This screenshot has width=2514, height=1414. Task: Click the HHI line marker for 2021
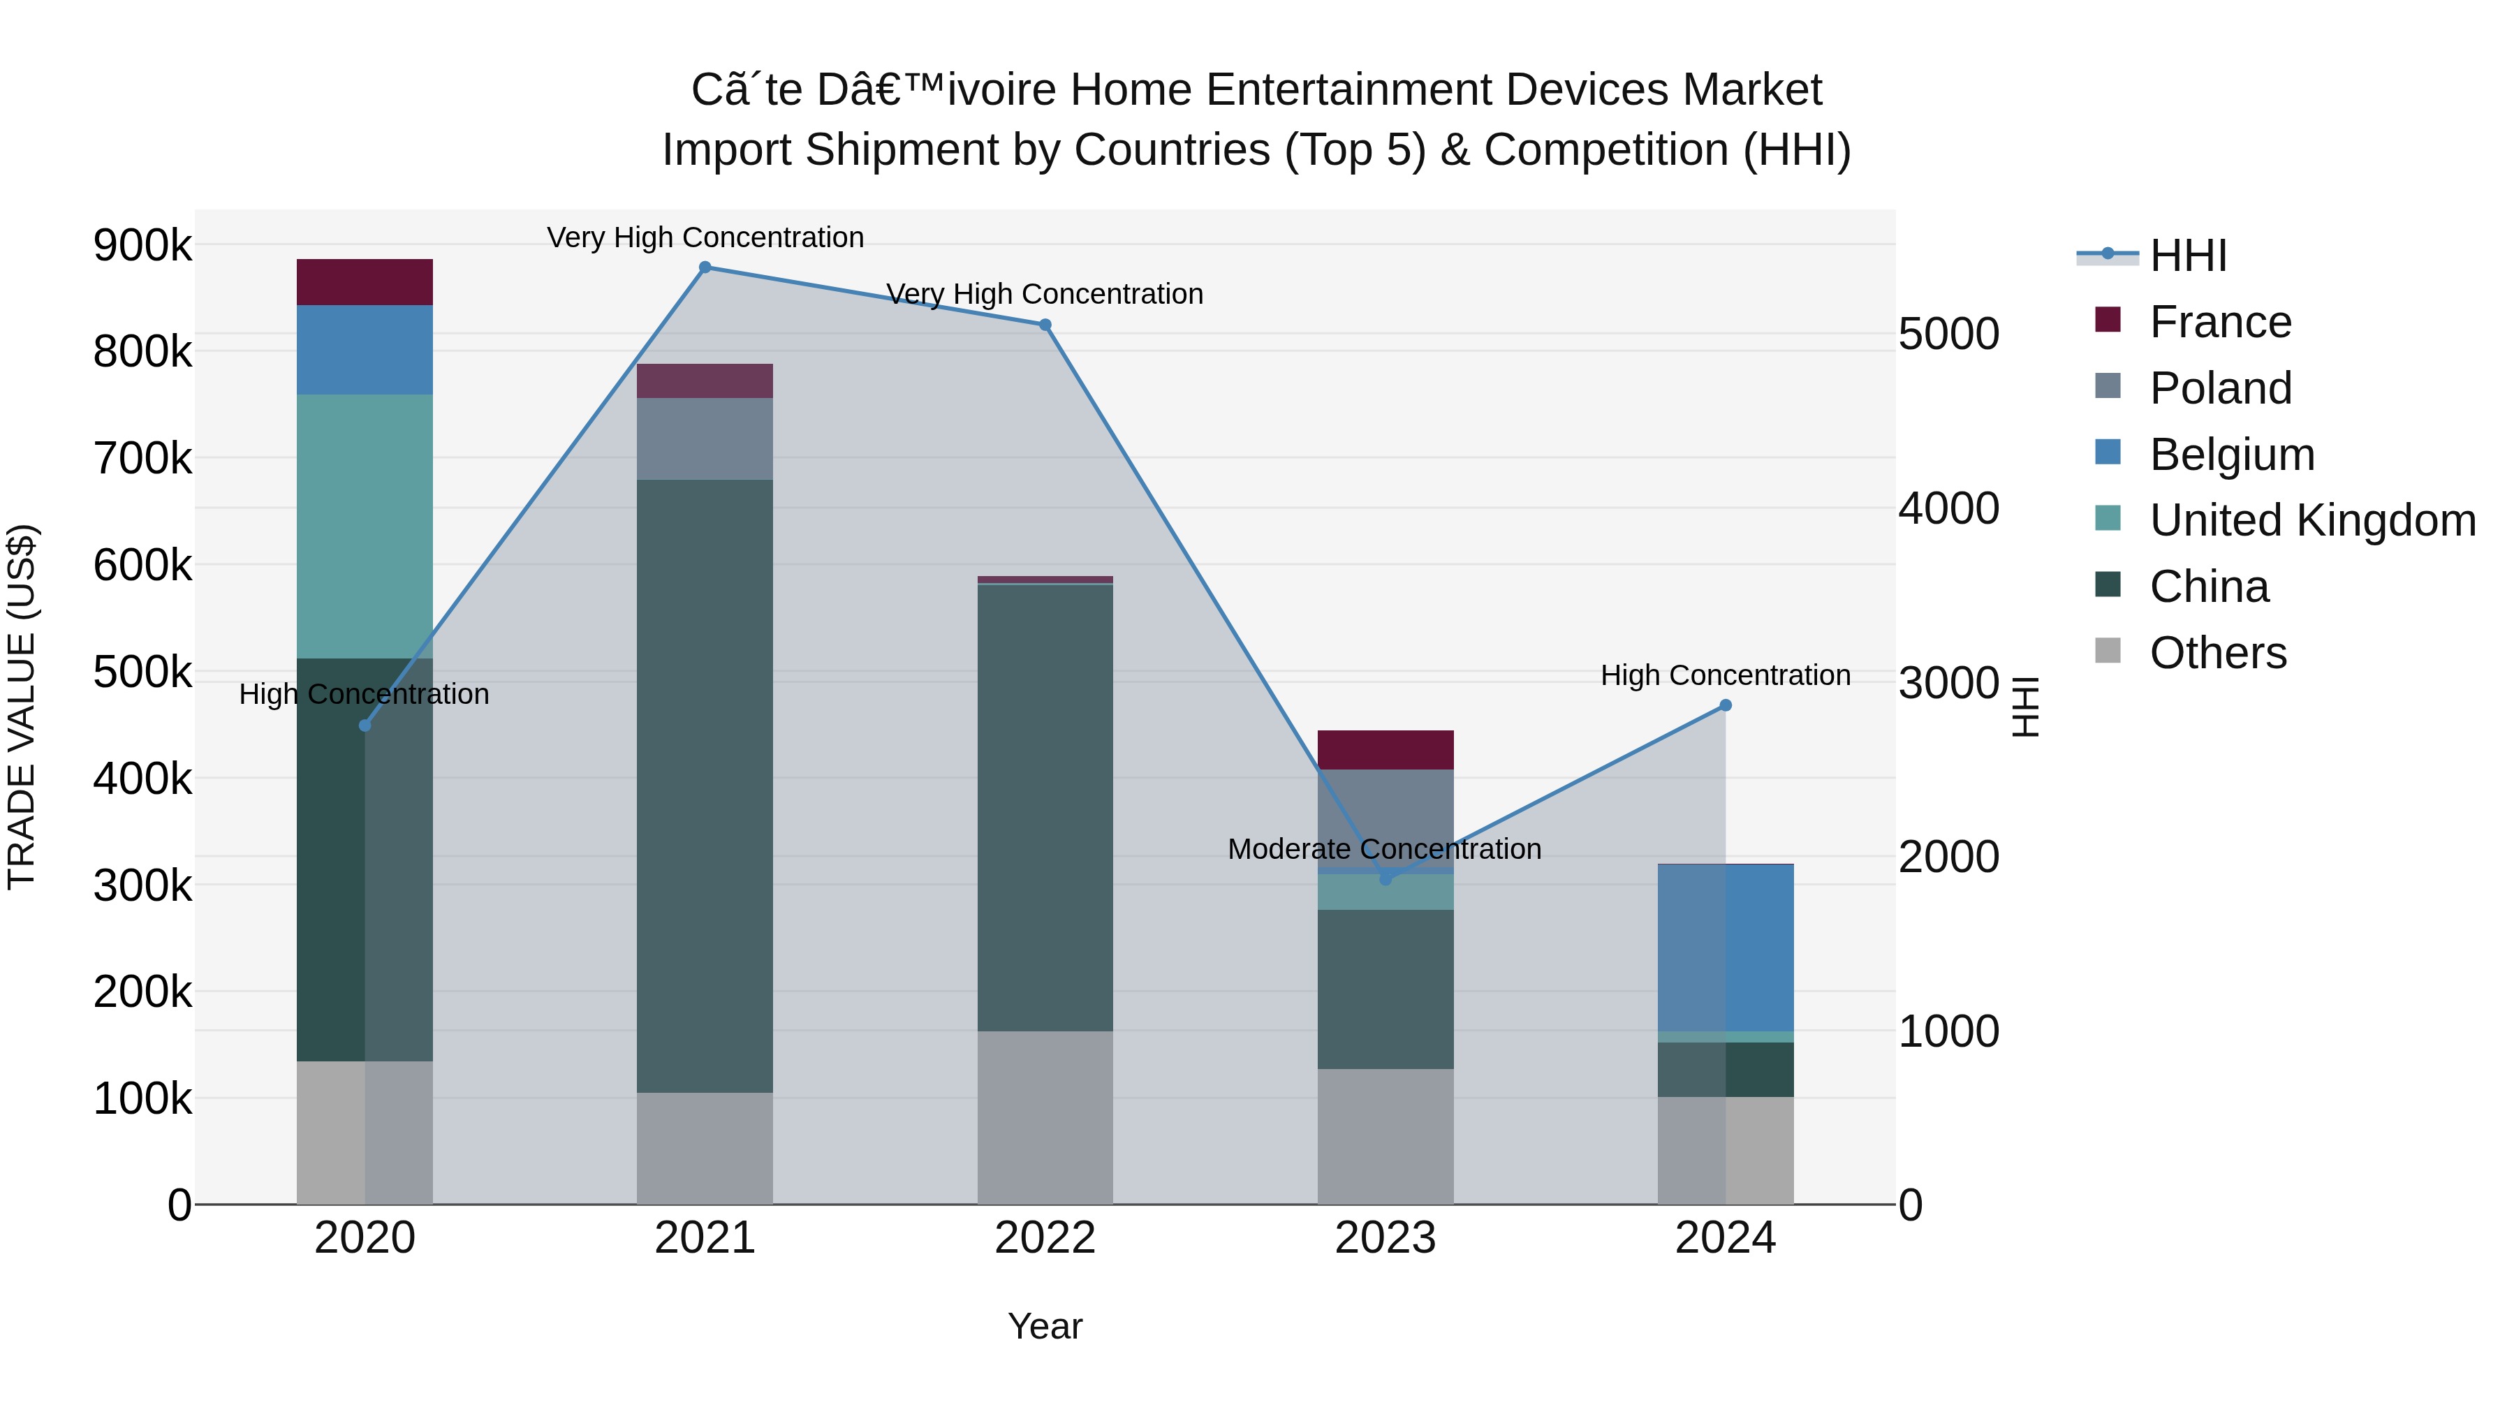705,267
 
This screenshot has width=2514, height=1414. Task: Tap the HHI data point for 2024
1724,705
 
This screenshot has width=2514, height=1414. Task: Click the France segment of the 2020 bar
364,282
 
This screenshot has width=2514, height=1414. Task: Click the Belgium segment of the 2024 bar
1724,948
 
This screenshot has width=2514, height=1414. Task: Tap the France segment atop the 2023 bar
1385,749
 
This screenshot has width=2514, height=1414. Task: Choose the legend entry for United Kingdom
2312,520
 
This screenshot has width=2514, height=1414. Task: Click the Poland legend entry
2220,388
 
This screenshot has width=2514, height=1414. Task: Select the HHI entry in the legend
2187,256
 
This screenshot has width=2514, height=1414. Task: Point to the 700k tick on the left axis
142,457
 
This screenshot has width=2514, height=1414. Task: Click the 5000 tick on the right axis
1948,334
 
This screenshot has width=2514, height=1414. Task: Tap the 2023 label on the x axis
1385,1238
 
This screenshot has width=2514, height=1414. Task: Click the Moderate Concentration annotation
1384,849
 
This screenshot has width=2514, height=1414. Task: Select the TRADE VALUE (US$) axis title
22,707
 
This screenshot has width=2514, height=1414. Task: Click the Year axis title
1044,1326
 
